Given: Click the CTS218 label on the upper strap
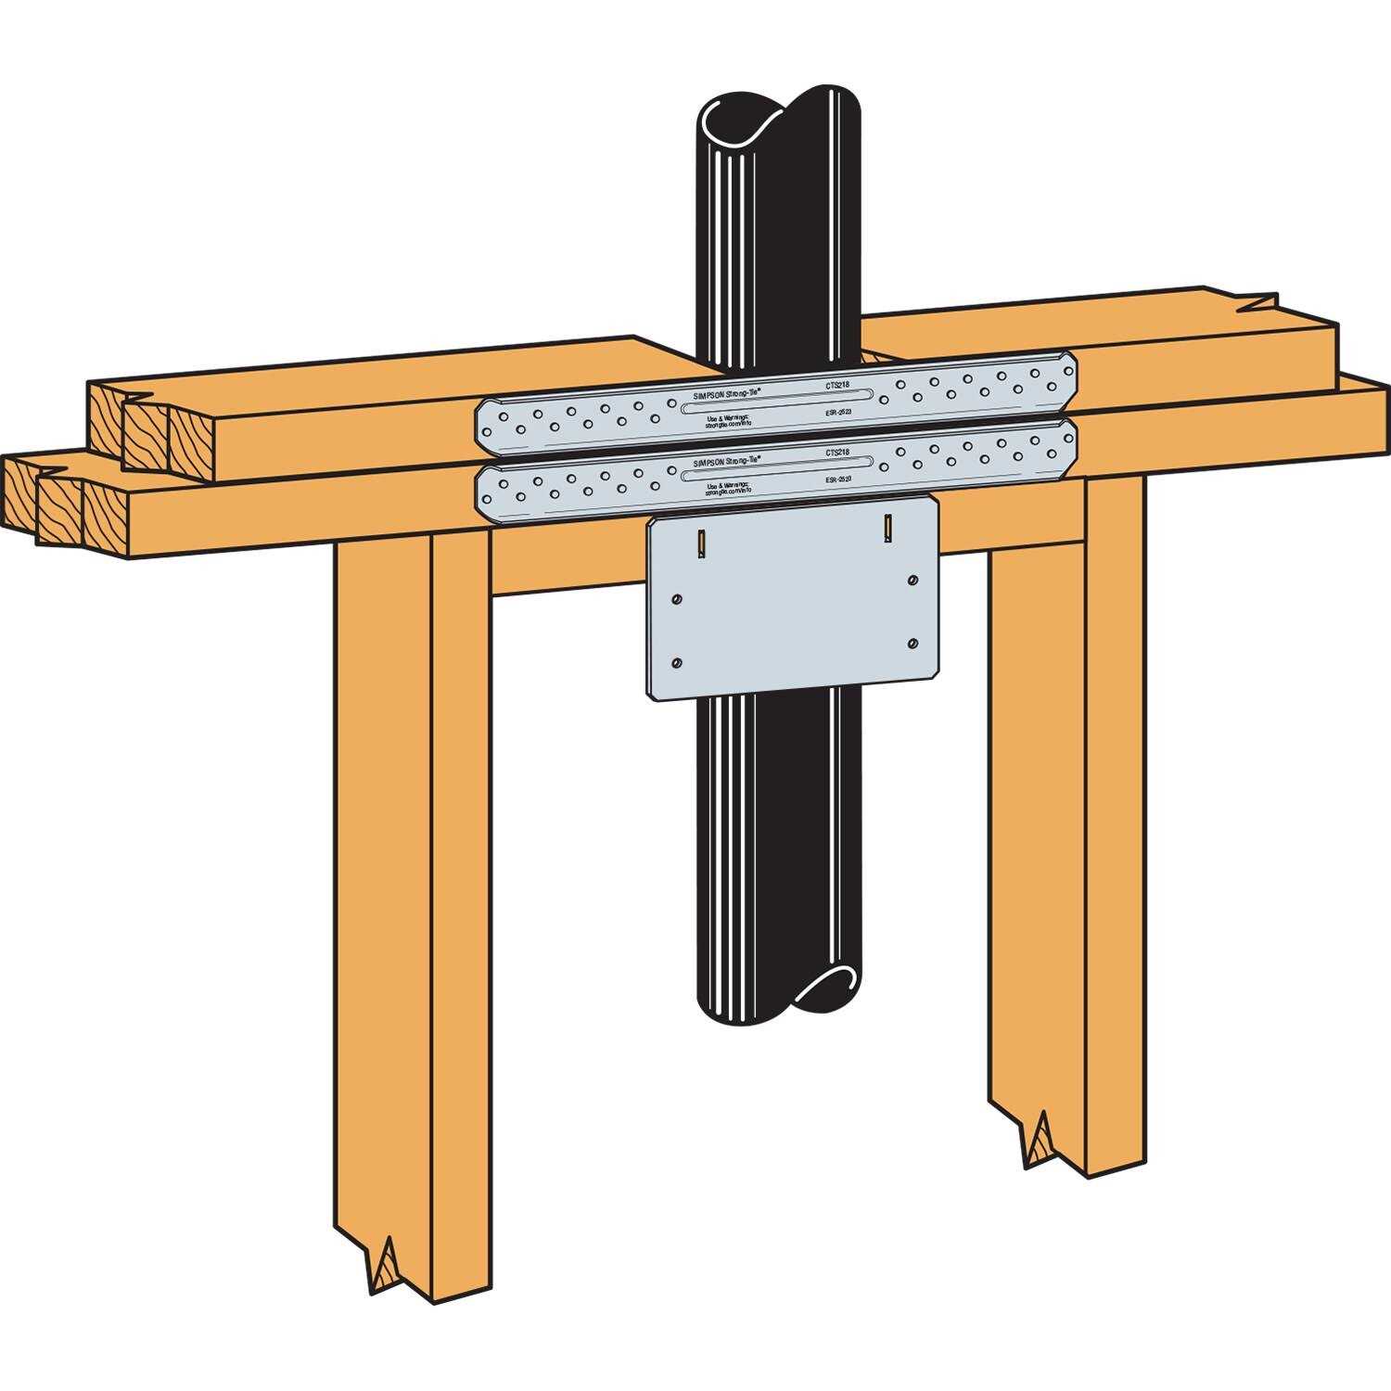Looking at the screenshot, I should pyautogui.click(x=836, y=382).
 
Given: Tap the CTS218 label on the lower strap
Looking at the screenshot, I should pyautogui.click(x=836, y=453).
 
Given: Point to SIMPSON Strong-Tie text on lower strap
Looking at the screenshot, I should pyautogui.click(x=727, y=461).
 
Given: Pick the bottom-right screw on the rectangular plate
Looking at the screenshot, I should pyautogui.click(x=913, y=644).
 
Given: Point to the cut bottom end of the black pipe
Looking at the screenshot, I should pyautogui.click(x=827, y=985).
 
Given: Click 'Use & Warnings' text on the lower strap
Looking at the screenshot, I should pyautogui.click(x=727, y=485).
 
